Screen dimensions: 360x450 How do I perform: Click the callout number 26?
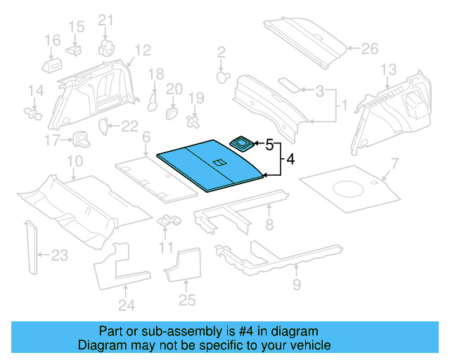[369, 49]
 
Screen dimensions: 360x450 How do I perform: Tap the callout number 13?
[389, 69]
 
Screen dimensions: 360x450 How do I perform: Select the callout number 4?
[290, 160]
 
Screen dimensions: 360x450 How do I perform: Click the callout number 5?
[269, 145]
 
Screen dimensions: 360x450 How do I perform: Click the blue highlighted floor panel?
[207, 167]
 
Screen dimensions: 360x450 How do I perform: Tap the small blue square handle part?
[243, 144]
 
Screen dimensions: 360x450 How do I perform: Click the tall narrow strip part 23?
[31, 247]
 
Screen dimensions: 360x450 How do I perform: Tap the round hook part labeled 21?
[106, 47]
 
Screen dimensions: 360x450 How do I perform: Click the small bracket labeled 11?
[168, 221]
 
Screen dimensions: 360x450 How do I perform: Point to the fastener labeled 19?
[193, 122]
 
